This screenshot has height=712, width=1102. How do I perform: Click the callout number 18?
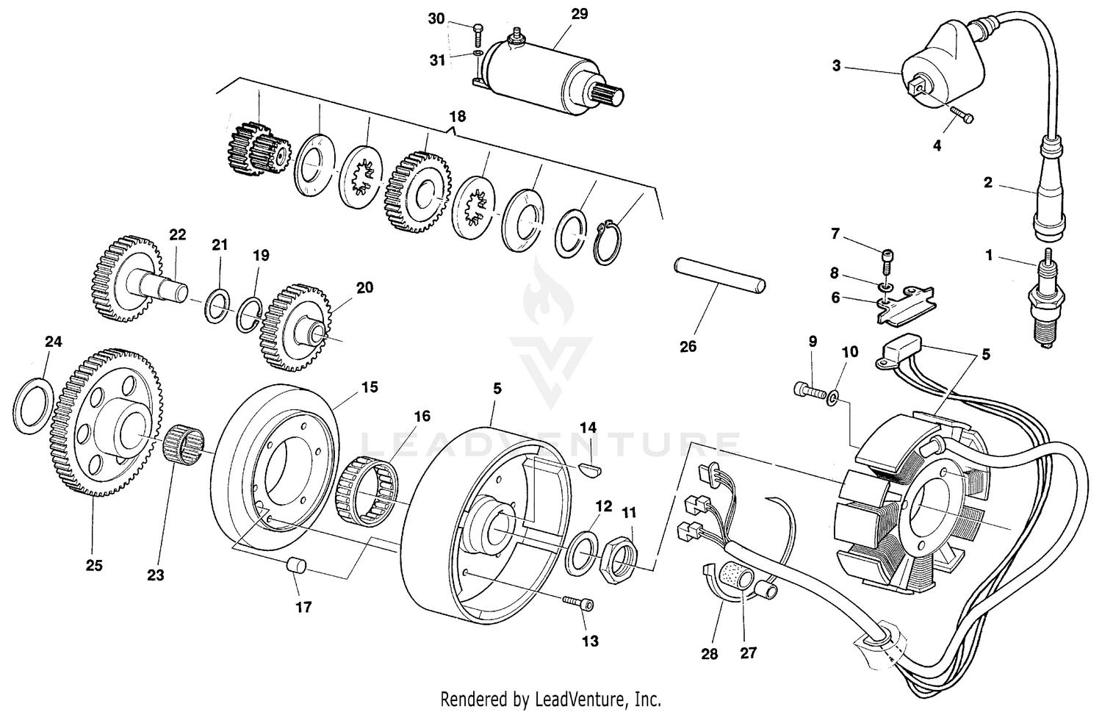(x=457, y=117)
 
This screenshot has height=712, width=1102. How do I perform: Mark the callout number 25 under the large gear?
(x=93, y=566)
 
